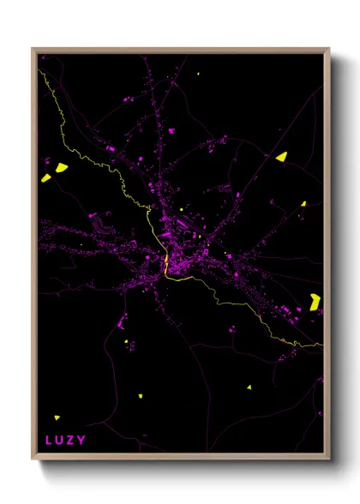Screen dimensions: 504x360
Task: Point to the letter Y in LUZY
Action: (x=81, y=441)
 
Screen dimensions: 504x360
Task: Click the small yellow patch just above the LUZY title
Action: (x=57, y=417)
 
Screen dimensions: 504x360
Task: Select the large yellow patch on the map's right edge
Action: (x=315, y=301)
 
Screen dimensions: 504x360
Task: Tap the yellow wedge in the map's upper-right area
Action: (x=281, y=157)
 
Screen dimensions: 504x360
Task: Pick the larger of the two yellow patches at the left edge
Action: (x=62, y=167)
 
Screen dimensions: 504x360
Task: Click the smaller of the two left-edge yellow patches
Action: (x=45, y=178)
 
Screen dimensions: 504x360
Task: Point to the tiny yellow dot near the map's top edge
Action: (x=198, y=75)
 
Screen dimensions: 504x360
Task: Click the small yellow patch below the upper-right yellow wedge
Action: (x=303, y=203)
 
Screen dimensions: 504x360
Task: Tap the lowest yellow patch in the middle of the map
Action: (x=141, y=396)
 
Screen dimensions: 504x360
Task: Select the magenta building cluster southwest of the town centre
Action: (x=121, y=322)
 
